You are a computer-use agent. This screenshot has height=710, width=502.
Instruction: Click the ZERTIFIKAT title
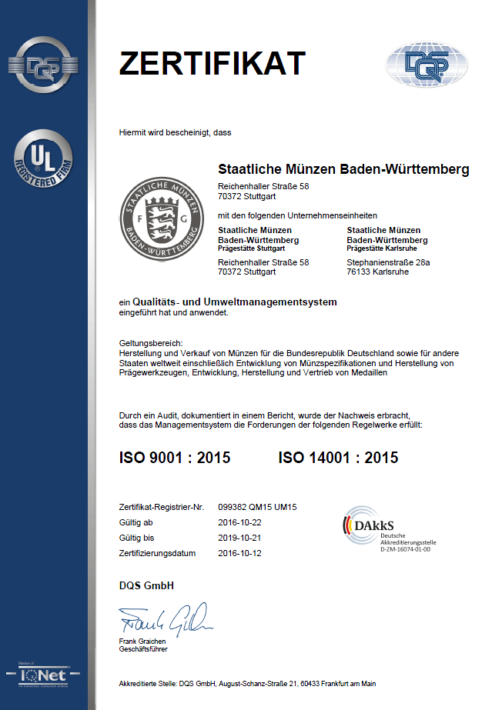tap(212, 63)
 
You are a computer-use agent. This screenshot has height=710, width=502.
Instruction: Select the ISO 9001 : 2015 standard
tap(175, 458)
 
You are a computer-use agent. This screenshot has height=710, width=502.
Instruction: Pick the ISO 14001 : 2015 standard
tap(338, 458)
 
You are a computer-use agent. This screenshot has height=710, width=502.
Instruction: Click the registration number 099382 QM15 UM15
tap(258, 507)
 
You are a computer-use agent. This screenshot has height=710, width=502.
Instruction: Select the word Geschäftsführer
tap(143, 648)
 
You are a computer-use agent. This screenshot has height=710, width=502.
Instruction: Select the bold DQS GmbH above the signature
tap(146, 585)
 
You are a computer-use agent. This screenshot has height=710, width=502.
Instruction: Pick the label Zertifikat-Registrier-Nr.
tap(161, 507)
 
